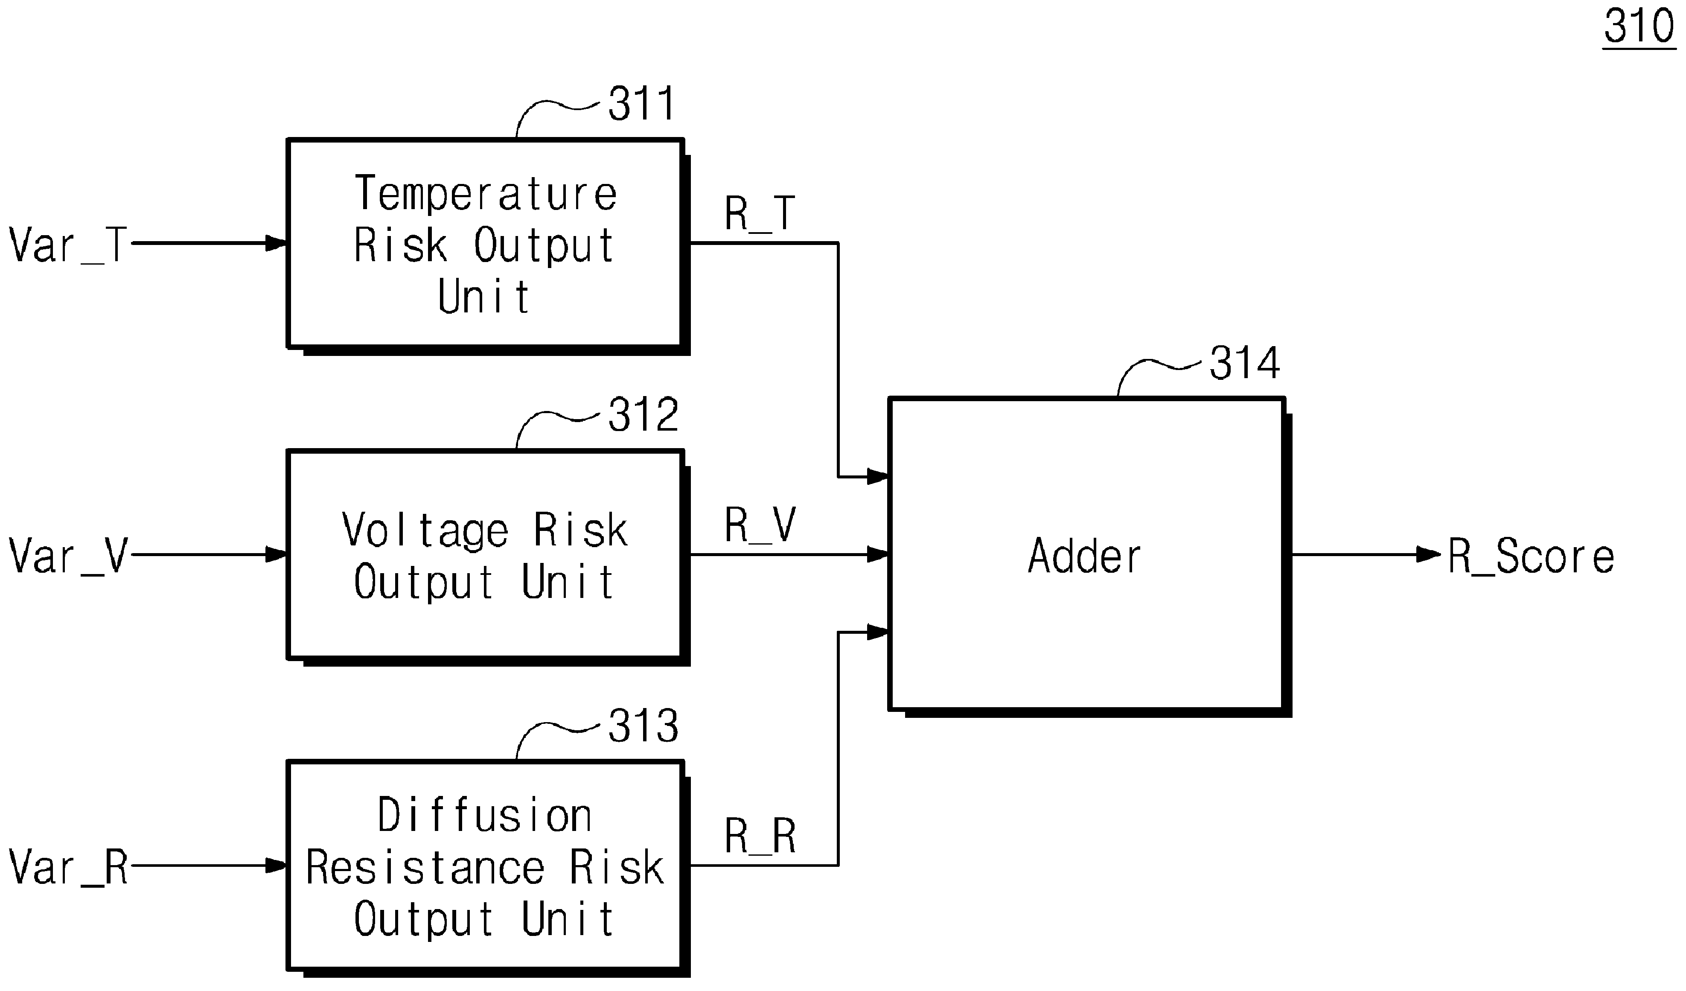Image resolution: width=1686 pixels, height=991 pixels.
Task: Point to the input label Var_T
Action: click(68, 245)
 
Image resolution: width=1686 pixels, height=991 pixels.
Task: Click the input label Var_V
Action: click(68, 557)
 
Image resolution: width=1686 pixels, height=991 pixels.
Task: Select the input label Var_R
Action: click(68, 868)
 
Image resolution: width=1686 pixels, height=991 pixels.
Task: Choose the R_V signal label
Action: click(760, 525)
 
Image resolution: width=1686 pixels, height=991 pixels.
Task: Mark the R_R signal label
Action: click(760, 837)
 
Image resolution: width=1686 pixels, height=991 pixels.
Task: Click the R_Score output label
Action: click(1531, 557)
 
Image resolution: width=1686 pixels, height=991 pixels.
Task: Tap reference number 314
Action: click(1244, 363)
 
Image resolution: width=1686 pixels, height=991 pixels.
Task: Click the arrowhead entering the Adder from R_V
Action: click(878, 555)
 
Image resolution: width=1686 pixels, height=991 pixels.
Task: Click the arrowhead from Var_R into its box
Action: click(277, 866)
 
